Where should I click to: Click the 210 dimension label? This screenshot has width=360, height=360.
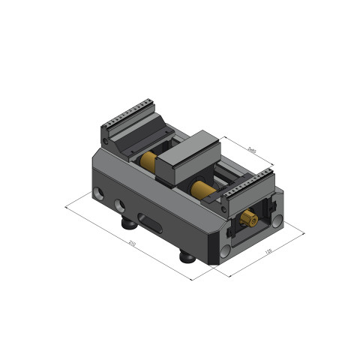[132, 243]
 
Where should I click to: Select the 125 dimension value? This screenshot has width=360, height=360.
[268, 251]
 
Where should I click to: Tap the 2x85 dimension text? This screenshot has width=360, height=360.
[251, 151]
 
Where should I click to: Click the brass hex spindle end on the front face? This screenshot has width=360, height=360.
[249, 220]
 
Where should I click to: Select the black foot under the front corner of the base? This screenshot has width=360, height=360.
[186, 256]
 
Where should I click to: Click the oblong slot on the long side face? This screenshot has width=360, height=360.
[154, 223]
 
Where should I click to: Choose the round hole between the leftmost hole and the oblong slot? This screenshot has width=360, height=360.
[118, 205]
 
